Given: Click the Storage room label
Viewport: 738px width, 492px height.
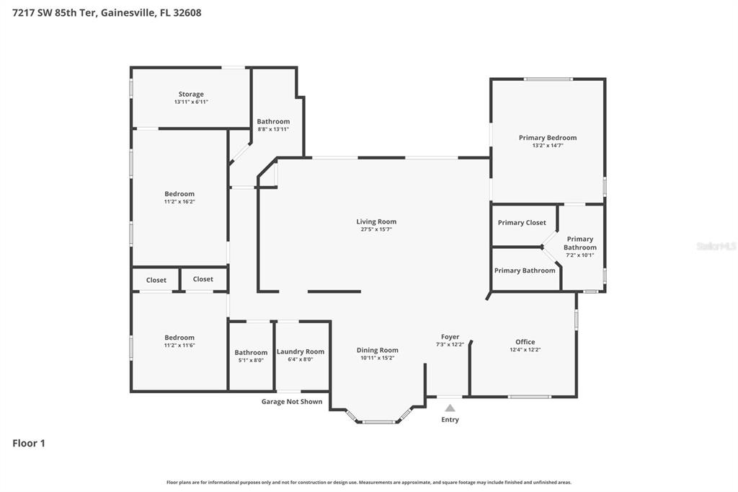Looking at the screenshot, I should tap(191, 94).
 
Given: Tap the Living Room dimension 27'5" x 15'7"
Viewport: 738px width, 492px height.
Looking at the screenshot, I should tap(376, 230).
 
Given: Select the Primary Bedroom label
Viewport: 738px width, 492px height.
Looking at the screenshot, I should tap(548, 137).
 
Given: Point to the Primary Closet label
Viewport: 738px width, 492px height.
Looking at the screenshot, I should tap(522, 223).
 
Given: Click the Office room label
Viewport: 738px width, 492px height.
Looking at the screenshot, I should tap(525, 342).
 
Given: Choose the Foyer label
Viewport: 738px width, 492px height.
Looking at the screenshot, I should tap(450, 337).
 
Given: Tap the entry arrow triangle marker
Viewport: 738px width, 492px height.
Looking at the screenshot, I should tap(450, 408).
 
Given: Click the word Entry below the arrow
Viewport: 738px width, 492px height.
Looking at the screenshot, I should tap(450, 420).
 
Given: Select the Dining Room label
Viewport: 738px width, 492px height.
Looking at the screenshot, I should tap(377, 351).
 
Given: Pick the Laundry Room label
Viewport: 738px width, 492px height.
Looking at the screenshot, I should tap(301, 351).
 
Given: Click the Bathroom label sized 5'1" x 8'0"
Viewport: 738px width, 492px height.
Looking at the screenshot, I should tap(250, 353).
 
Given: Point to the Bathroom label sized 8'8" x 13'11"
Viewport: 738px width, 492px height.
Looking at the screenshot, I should tap(273, 121).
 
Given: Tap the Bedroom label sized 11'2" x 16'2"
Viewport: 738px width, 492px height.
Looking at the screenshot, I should tap(179, 193).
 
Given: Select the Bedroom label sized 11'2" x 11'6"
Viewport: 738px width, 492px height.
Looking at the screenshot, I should tap(179, 338).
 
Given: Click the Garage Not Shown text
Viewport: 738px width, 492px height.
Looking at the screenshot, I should tap(292, 402).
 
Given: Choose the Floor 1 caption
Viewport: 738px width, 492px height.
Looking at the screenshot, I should tap(29, 443).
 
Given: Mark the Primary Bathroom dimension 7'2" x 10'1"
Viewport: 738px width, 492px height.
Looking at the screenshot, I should tap(579, 255).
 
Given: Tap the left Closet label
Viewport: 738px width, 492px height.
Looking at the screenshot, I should tap(156, 280).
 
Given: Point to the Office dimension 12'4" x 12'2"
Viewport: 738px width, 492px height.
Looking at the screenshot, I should tap(525, 350).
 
